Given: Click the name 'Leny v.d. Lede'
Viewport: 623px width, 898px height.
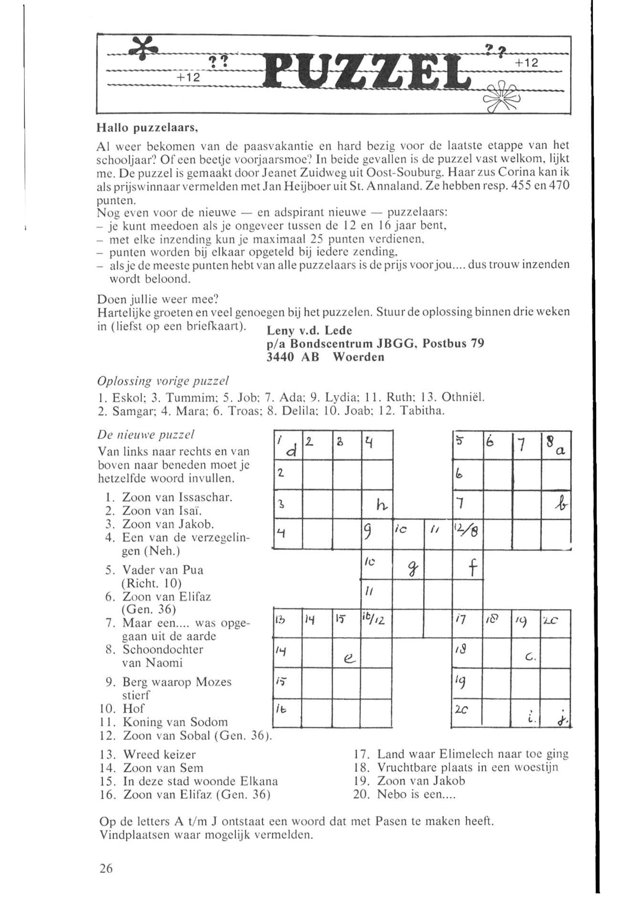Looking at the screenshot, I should coord(309,331).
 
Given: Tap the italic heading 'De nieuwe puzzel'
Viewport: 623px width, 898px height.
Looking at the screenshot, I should coord(145,434).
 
